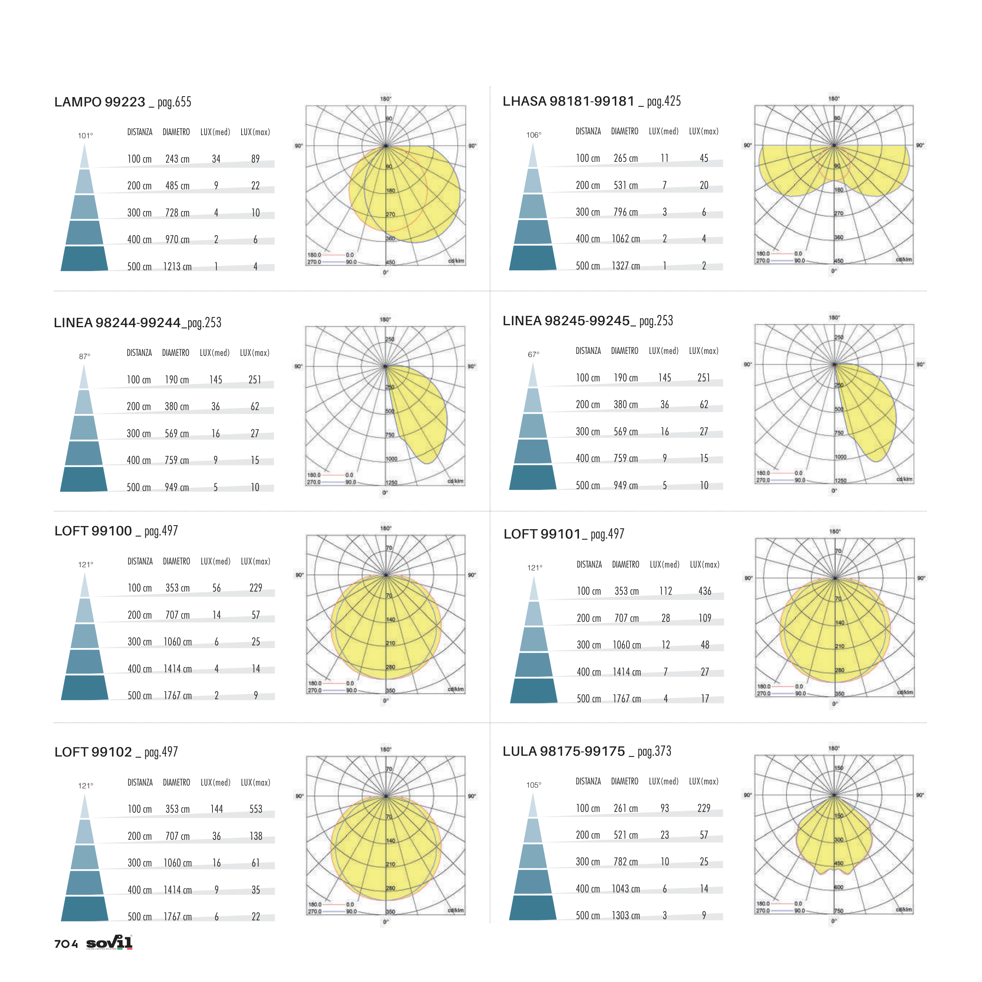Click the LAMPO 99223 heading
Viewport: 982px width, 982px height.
point(100,102)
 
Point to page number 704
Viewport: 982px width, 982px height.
point(66,944)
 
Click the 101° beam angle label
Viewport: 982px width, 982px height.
point(85,136)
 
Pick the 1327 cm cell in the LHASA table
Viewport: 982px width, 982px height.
point(626,266)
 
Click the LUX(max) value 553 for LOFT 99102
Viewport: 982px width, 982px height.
point(256,809)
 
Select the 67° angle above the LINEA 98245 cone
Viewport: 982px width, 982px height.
point(533,354)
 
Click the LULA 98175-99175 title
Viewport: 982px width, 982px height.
point(564,751)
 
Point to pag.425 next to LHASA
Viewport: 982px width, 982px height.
point(663,101)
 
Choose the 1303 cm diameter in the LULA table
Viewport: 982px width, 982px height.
point(626,915)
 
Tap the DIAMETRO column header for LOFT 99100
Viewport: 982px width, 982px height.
point(176,561)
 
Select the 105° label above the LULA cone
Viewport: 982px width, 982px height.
point(534,785)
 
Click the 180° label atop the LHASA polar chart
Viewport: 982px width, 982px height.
point(834,99)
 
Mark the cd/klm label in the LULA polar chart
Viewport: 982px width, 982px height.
point(904,910)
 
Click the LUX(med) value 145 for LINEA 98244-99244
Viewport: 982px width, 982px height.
point(216,380)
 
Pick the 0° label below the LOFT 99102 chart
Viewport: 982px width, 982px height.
point(386,922)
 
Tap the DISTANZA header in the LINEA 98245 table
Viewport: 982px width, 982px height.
point(588,351)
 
